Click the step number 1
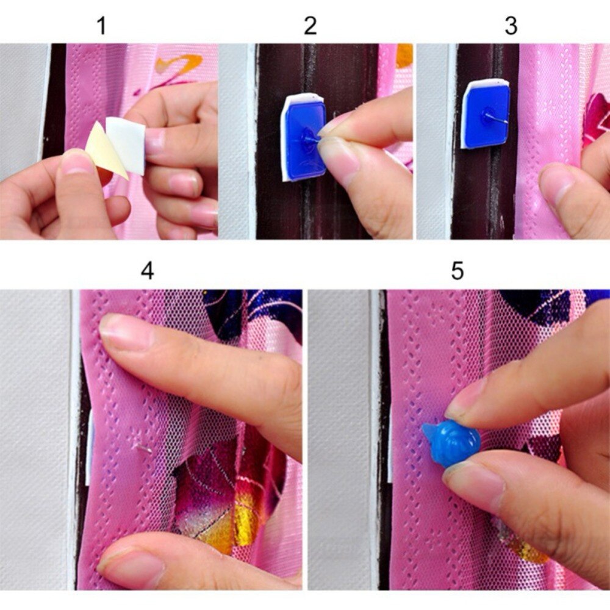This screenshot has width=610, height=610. (101, 26)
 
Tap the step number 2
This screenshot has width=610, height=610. (310, 26)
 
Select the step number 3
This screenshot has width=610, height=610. (511, 26)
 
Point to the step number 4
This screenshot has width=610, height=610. (147, 270)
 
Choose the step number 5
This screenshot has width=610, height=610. (457, 270)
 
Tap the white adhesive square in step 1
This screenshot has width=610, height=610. (126, 144)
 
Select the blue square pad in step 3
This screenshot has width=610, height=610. (486, 115)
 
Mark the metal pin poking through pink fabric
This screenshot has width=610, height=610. (143, 448)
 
